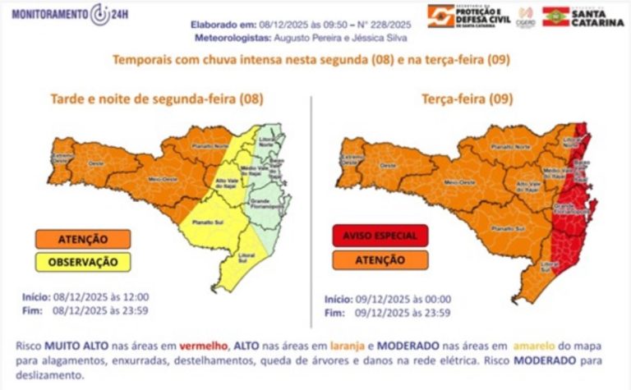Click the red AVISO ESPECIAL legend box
[x=380, y=236]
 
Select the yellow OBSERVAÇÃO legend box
[x=82, y=262]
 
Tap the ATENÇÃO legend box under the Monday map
[x=82, y=239]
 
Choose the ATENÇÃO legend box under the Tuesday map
[x=380, y=259]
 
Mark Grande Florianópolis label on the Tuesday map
[x=569, y=206]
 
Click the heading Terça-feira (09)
[x=467, y=99]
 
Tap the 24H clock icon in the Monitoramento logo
[x=99, y=14]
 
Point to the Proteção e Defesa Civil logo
[x=465, y=15]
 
